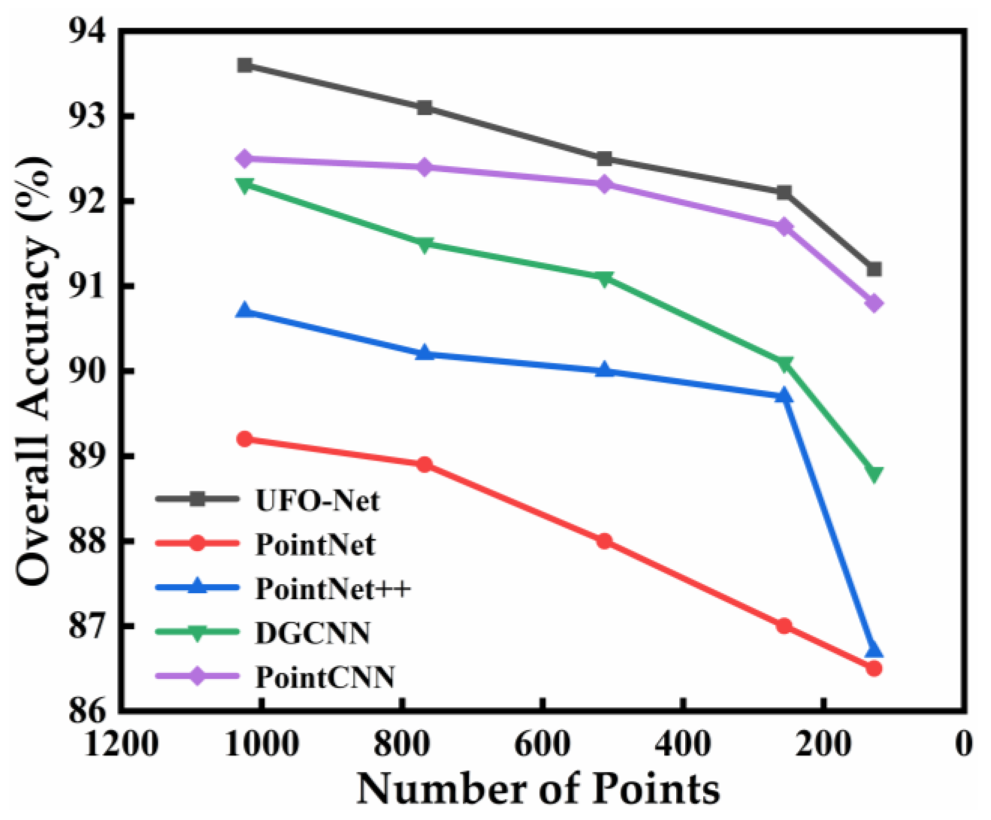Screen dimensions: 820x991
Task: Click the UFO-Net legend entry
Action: (317, 500)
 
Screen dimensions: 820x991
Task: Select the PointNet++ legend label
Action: (333, 589)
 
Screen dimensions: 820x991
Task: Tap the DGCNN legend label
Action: (313, 633)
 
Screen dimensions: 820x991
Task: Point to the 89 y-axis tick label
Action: (88, 456)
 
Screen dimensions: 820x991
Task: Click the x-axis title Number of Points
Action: (538, 789)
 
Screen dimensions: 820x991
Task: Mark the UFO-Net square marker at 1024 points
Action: (245, 65)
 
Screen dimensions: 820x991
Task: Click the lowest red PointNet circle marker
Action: (874, 668)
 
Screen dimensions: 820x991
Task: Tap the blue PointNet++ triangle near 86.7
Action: (874, 650)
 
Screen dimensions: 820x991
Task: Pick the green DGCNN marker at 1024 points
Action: (245, 186)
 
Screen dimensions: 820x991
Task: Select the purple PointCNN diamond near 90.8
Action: (874, 303)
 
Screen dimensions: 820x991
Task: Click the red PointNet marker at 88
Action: (605, 541)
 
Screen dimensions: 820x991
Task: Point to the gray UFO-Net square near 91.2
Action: (874, 269)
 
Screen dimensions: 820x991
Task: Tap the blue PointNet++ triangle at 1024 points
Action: (245, 310)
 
